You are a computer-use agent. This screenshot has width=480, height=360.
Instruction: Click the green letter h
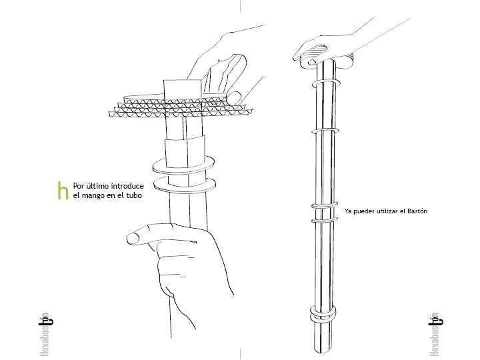63,191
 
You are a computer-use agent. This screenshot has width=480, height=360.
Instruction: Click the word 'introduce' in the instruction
125,185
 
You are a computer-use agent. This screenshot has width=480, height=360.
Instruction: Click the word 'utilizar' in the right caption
388,211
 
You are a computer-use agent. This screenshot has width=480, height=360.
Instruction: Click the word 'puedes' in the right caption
364,211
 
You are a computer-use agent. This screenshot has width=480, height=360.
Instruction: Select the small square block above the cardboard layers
182,89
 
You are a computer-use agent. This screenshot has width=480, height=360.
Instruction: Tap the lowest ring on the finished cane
323,314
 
